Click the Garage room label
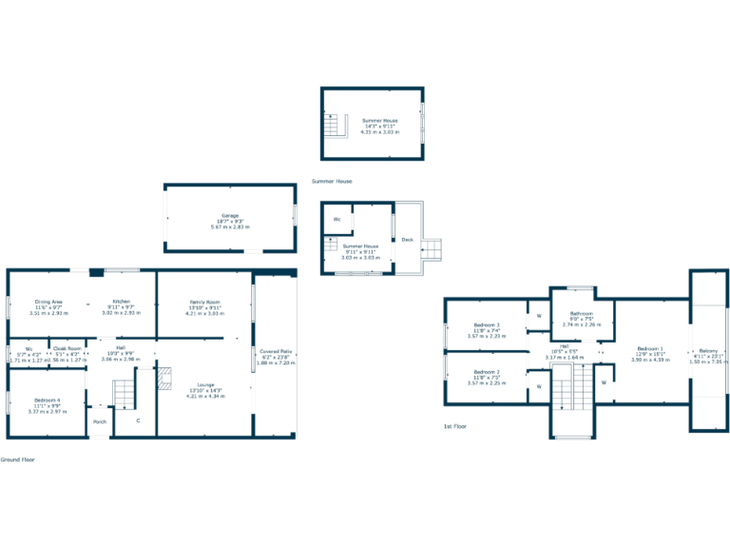pyautogui.click(x=230, y=216)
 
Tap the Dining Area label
pyautogui.click(x=48, y=302)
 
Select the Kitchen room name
pyautogui.click(x=121, y=302)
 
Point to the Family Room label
pyautogui.click(x=203, y=302)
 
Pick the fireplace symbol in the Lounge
pyautogui.click(x=164, y=379)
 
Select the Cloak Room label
pyautogui.click(x=67, y=348)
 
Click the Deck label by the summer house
pyautogui.click(x=407, y=240)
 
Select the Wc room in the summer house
pyautogui.click(x=336, y=220)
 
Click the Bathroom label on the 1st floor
pyautogui.click(x=582, y=313)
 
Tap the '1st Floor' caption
pyautogui.click(x=455, y=426)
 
